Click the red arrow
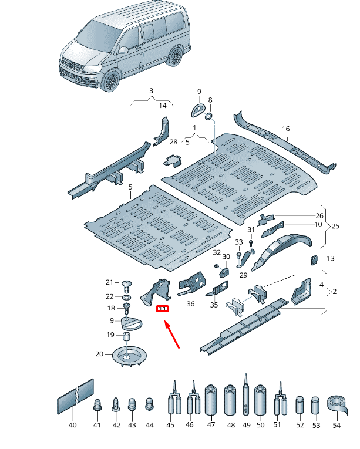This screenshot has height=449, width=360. [172, 335]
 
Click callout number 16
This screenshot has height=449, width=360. [286, 129]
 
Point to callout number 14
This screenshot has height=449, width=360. [163, 106]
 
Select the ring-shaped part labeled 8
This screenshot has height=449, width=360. [207, 117]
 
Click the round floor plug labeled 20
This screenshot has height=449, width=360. [128, 356]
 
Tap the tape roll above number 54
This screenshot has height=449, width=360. [337, 404]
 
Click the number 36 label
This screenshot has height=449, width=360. [190, 304]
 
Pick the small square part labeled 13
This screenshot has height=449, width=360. [314, 259]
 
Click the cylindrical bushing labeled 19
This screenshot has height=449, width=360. [126, 336]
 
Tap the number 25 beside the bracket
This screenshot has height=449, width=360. [335, 226]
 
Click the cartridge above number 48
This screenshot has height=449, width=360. [230, 400]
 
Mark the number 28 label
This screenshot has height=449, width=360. [173, 142]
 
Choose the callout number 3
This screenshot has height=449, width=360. [151, 91]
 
